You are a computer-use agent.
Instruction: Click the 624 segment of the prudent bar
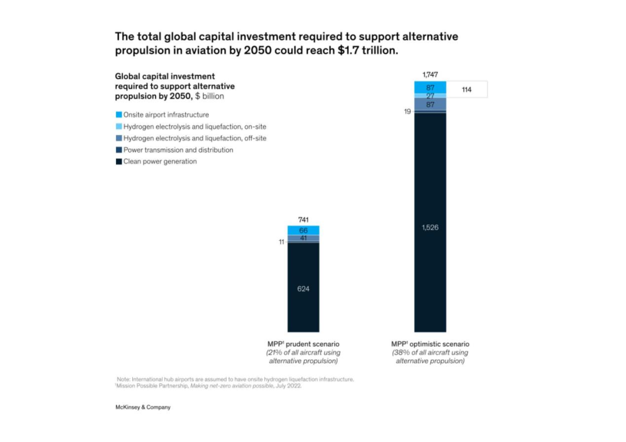[303, 288]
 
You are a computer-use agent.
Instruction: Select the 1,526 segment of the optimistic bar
[430, 227]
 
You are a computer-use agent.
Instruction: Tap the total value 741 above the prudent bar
[303, 220]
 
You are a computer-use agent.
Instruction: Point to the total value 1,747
[430, 75]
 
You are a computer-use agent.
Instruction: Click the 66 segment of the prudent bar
[303, 231]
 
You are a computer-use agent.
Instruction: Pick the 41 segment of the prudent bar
[303, 238]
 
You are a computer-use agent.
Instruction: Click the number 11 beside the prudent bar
[281, 242]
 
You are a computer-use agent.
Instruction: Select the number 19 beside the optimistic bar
[407, 111]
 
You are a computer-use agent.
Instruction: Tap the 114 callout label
[467, 90]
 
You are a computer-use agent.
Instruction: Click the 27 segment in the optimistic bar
[430, 96]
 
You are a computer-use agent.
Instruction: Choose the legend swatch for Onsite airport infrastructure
[119, 115]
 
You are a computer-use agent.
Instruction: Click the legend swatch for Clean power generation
[119, 162]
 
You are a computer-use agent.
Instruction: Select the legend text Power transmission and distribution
[178, 150]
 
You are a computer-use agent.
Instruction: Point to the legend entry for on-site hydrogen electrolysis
[194, 126]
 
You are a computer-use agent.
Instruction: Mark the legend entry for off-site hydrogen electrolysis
[194, 138]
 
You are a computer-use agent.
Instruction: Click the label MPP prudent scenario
[303, 344]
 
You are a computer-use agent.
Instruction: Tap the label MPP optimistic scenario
[430, 344]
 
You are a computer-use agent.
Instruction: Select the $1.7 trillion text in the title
[364, 50]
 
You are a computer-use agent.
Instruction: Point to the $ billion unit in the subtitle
[209, 96]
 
